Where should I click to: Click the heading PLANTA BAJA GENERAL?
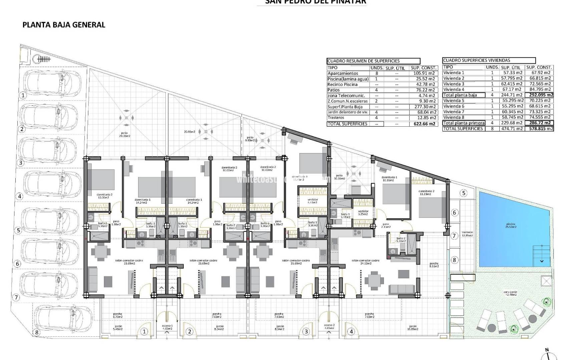[x=64, y=25]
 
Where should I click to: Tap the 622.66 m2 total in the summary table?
[x=423, y=124]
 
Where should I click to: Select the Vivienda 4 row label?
[x=454, y=89]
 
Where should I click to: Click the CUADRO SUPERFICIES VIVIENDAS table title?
[x=477, y=60]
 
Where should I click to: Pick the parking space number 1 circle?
[x=23, y=95]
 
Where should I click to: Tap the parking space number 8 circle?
[x=37, y=332]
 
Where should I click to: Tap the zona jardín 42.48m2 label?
[x=510, y=293]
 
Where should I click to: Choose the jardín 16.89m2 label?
[x=413, y=328]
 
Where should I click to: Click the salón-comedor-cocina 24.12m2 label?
[x=366, y=262]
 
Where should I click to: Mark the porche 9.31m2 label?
[x=434, y=265]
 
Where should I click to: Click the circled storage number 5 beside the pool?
[x=463, y=193]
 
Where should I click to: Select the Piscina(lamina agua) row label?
[x=348, y=79]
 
